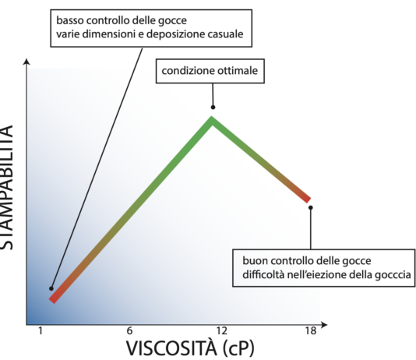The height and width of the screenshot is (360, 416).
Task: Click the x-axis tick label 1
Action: coord(40,331)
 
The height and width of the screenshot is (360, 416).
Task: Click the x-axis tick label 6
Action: coord(129,331)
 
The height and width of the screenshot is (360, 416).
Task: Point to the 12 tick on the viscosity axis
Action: coord(221,331)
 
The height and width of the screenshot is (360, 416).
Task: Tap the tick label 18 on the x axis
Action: coord(311,331)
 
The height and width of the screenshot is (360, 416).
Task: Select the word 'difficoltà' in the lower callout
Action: coord(263,274)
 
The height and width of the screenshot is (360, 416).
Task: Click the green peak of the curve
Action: coord(212,120)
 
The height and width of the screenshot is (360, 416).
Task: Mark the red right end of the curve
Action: coord(308,199)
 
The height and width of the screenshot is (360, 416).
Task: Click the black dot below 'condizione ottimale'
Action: coord(213,107)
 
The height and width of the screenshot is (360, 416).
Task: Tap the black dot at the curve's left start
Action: coord(51,288)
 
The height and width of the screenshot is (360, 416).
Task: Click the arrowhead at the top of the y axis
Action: coord(27,61)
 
